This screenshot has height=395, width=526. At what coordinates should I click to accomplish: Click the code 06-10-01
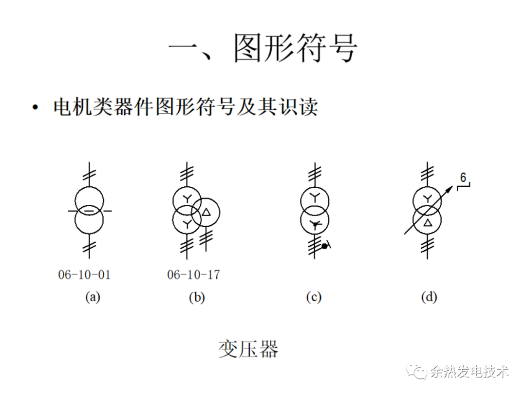pos(84,275)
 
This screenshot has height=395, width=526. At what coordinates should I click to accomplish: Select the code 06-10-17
pos(193,275)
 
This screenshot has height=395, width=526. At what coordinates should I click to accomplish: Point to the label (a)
pos(93,297)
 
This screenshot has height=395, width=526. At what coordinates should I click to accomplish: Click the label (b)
pos(197,297)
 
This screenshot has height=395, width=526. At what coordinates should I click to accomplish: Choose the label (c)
pos(314,297)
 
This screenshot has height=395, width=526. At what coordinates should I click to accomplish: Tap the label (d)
pos(429,297)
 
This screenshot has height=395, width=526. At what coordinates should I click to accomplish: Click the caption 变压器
pos(248,349)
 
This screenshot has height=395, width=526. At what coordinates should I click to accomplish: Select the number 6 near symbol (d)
pos(464,178)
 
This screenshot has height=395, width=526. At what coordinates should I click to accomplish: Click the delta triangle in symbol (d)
pos(428,223)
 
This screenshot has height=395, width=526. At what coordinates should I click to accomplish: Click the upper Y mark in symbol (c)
pos(315,198)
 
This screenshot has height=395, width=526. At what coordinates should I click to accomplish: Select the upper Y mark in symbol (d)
pos(427,198)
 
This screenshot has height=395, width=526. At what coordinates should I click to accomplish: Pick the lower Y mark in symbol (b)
pos(187,223)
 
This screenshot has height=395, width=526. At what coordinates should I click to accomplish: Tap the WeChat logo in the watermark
pos(418,373)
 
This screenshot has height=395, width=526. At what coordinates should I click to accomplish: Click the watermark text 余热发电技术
pos(470,373)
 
